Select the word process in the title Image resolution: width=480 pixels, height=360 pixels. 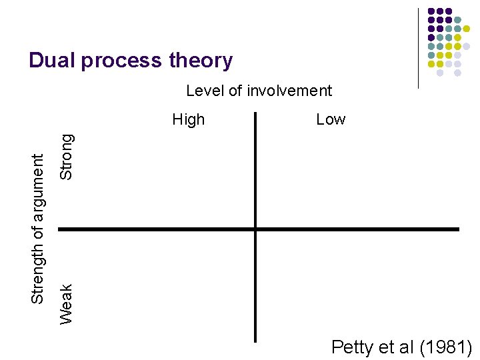click(x=120, y=61)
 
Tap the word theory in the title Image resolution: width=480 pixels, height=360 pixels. click(x=200, y=61)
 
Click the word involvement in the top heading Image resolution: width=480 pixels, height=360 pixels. click(x=289, y=91)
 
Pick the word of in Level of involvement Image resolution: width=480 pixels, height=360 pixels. click(x=236, y=91)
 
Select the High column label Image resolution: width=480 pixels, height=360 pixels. click(x=189, y=120)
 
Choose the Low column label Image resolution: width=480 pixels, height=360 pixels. click(x=331, y=120)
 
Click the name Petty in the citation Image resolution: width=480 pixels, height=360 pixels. click(x=353, y=347)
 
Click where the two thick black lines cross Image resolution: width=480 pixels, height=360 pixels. click(x=255, y=229)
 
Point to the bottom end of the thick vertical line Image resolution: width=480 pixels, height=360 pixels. click(x=255, y=340)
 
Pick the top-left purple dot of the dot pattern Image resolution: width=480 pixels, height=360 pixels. click(x=431, y=11)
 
